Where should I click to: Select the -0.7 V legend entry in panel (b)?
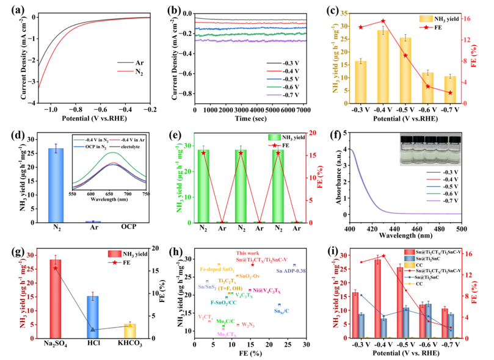(x=289, y=96)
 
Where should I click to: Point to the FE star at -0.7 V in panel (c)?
(x=450, y=93)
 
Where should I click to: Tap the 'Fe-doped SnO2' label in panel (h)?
(x=217, y=269)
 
